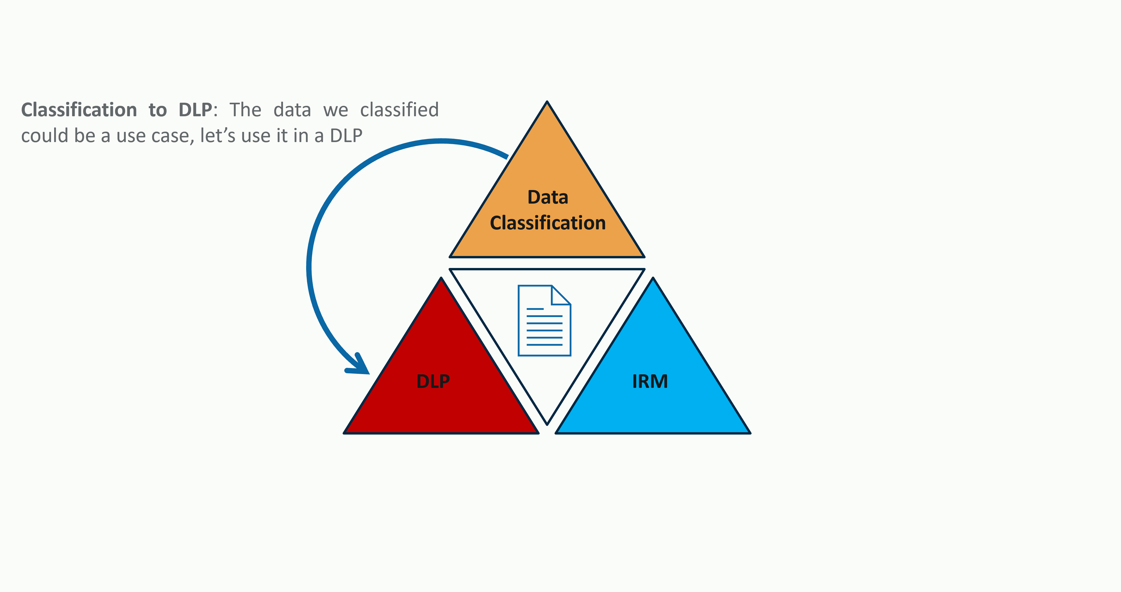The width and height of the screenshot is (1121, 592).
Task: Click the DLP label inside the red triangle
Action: (433, 382)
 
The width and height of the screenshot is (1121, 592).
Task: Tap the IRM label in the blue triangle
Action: (650, 382)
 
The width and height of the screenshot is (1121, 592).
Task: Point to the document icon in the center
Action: (544, 321)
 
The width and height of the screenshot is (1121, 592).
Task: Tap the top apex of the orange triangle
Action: (547, 103)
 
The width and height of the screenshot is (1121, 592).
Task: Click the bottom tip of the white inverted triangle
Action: (547, 423)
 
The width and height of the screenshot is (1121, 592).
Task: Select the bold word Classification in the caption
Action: (79, 110)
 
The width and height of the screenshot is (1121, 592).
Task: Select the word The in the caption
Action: (245, 110)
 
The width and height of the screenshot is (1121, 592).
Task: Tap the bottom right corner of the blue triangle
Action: (749, 432)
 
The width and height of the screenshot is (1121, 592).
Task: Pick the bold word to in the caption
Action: (158, 110)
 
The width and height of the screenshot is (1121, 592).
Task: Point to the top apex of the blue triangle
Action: (653, 279)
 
